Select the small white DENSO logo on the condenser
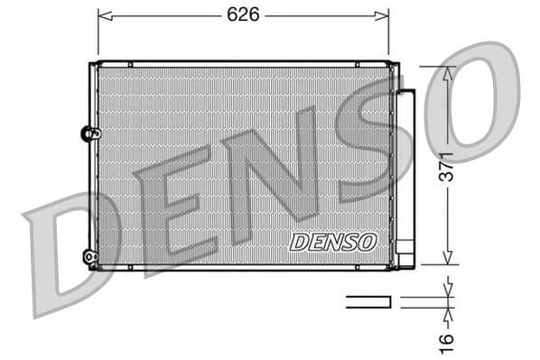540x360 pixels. (x=332, y=242)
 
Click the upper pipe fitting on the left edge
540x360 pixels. (x=88, y=134)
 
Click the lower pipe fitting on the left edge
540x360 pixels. (x=88, y=257)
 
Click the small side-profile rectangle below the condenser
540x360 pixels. (x=368, y=301)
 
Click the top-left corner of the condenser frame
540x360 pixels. (x=91, y=64)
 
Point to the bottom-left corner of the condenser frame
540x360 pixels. (x=91, y=267)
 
